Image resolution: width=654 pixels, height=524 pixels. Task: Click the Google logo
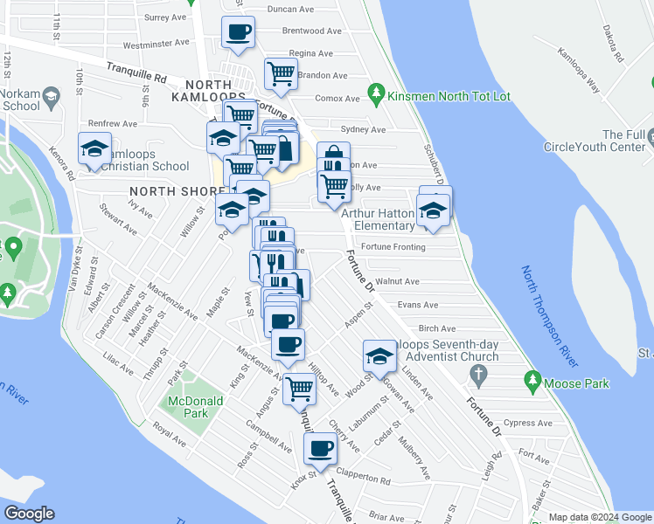pyautogui.click(x=29, y=514)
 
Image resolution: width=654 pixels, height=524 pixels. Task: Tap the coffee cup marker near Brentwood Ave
pyautogui.click(x=239, y=33)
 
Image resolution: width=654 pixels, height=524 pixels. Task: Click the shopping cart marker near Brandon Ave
pyautogui.click(x=281, y=74)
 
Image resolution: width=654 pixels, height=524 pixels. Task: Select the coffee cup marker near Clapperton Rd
pyautogui.click(x=320, y=450)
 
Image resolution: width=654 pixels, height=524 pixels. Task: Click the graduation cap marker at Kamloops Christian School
pyautogui.click(x=94, y=148)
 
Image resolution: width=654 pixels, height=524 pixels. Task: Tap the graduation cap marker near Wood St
pyautogui.click(x=379, y=356)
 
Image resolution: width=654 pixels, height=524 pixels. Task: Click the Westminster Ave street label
pyautogui.click(x=157, y=43)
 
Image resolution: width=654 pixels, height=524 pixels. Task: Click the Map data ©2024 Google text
pyautogui.click(x=600, y=517)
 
